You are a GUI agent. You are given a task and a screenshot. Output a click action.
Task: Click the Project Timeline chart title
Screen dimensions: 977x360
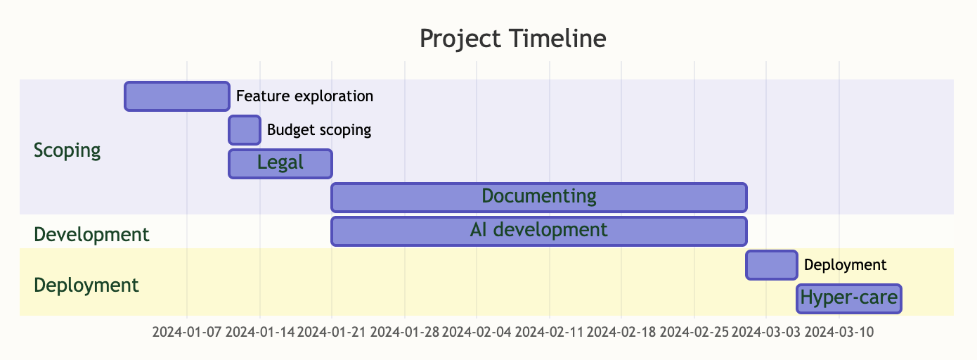pos(513,39)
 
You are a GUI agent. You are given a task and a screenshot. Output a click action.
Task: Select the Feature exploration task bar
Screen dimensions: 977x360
pos(177,96)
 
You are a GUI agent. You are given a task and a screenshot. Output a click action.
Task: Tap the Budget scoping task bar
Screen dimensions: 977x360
pos(245,130)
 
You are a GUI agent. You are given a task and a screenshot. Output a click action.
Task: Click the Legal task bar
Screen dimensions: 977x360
pos(280,164)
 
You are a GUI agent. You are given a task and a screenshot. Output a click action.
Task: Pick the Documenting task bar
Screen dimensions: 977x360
pos(539,198)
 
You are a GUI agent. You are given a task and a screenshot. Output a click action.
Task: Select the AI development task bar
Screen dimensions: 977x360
pos(539,231)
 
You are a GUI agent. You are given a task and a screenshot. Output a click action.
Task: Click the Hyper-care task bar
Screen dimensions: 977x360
pos(849,299)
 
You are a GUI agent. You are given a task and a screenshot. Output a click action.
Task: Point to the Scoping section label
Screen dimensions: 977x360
pos(67,150)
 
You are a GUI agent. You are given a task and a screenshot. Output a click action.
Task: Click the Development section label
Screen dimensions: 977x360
pos(91,234)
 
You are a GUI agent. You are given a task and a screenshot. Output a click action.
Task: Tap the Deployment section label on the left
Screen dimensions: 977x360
pos(86,285)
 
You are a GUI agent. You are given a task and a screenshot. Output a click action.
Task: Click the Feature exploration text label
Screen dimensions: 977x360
pos(304,96)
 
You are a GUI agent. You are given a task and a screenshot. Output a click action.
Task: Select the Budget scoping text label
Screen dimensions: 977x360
pos(319,130)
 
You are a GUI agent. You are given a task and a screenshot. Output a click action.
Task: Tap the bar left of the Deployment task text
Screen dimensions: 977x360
pos(772,265)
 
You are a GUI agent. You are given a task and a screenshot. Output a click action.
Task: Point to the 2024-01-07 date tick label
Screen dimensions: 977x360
pos(187,332)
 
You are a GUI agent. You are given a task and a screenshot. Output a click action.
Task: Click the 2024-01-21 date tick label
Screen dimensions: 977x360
pos(332,332)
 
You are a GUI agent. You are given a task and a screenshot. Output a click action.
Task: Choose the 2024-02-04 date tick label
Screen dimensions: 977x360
pos(477,332)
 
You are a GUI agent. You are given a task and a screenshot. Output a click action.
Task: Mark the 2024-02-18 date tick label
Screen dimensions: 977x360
pos(621,332)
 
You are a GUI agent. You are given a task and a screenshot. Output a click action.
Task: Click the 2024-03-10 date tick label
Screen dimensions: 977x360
pos(839,332)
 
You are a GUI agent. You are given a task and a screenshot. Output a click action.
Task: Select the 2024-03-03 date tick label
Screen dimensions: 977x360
pos(766,332)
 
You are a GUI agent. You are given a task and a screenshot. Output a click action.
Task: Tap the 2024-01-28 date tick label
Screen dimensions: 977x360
pos(405,332)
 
